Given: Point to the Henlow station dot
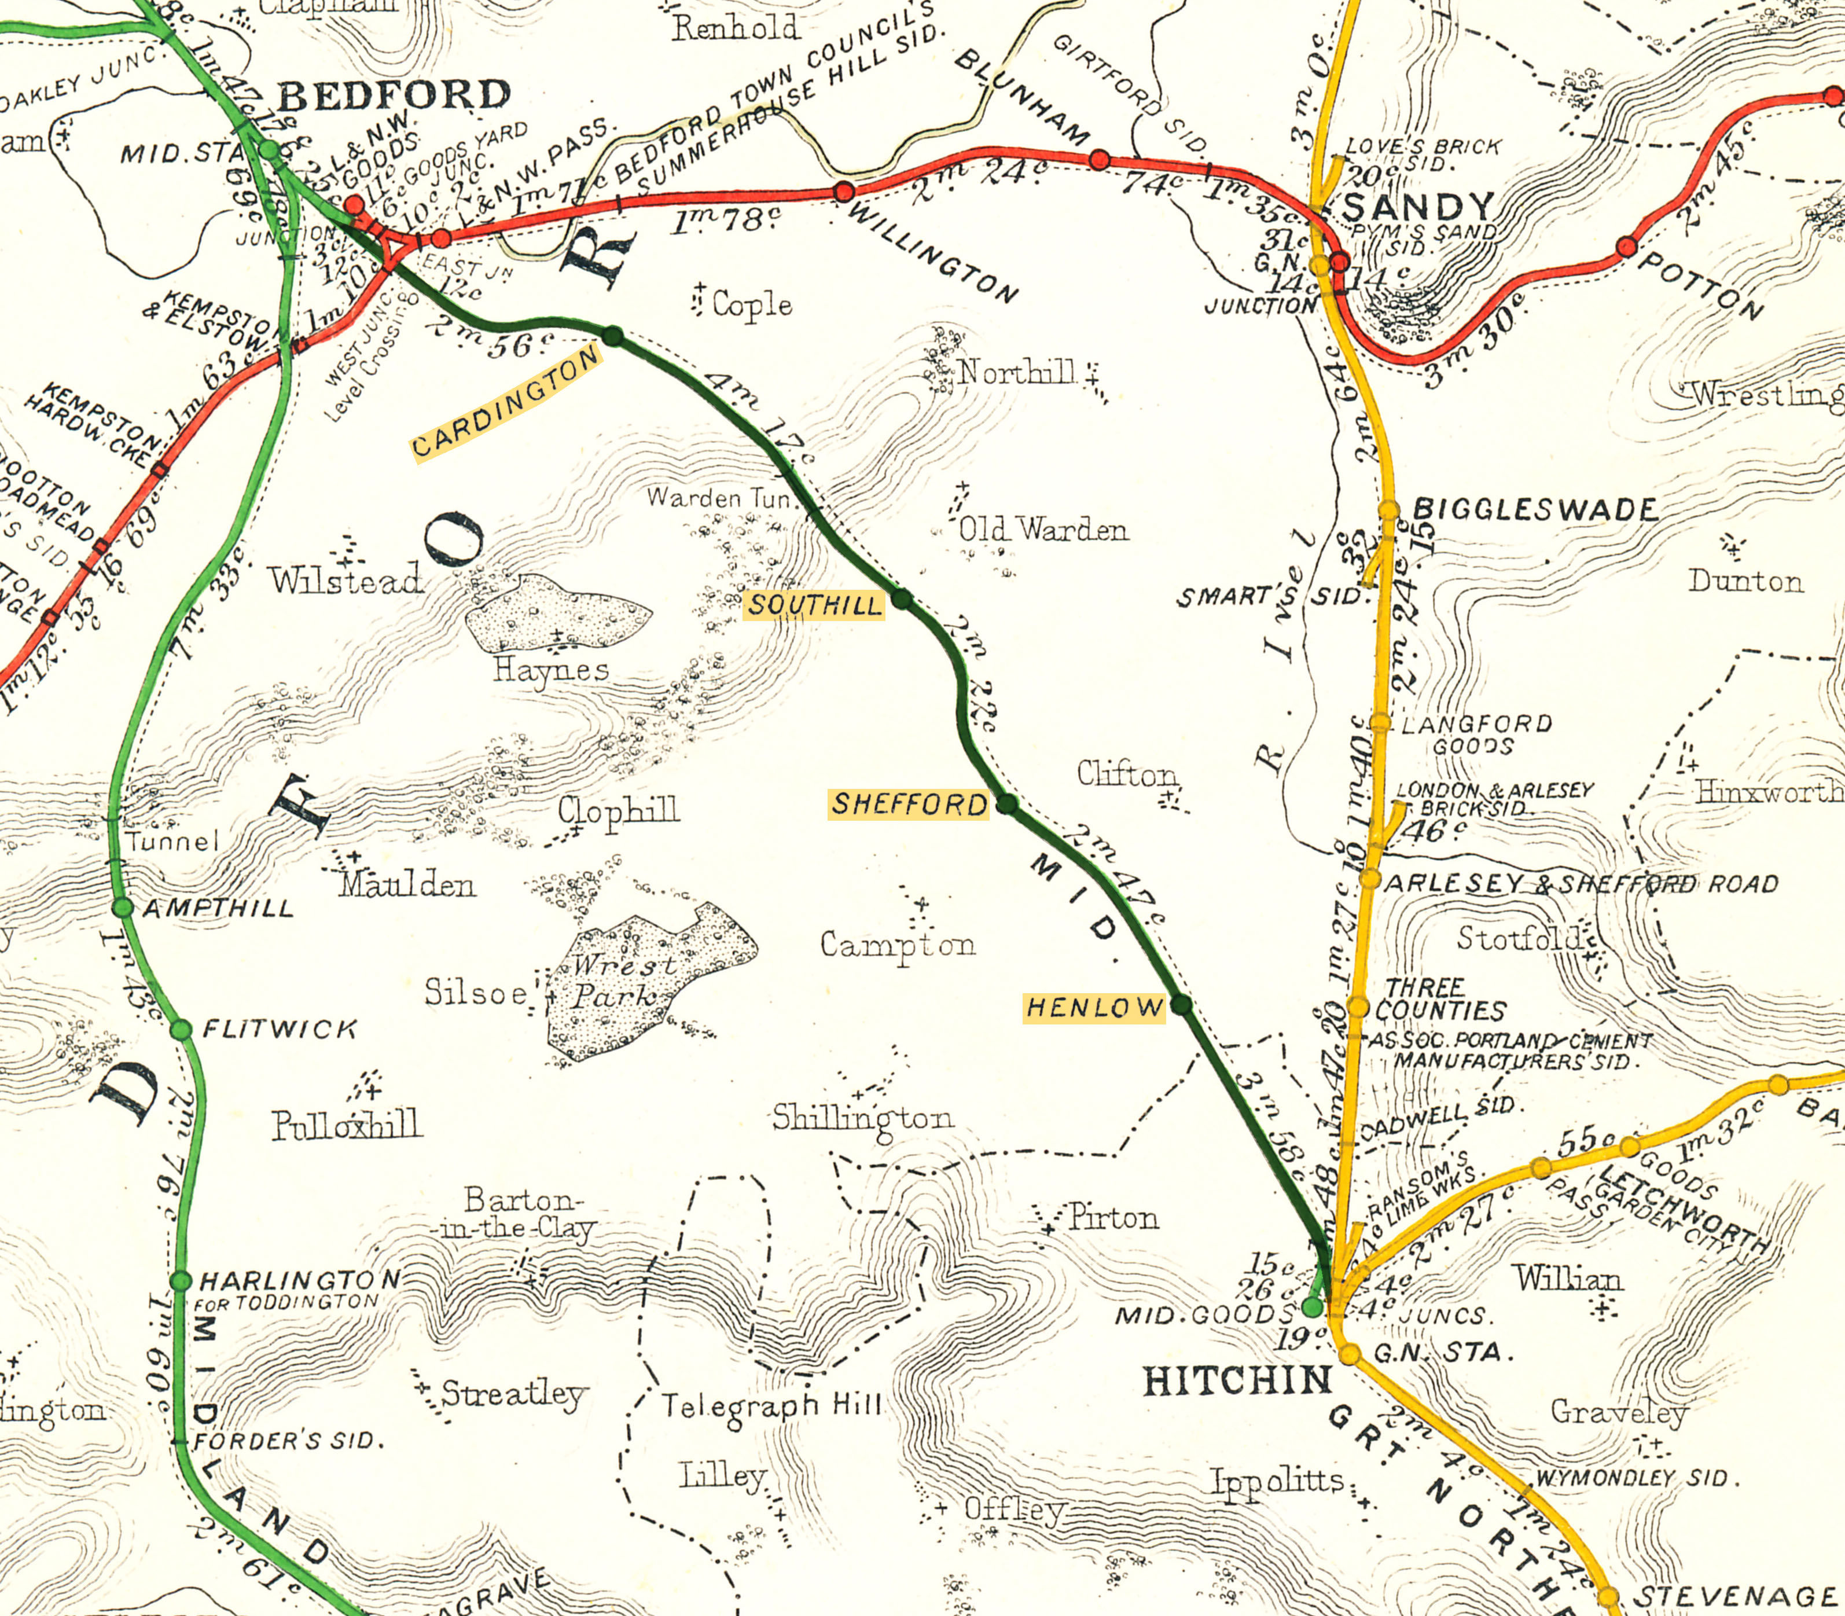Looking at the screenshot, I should (x=1181, y=1005).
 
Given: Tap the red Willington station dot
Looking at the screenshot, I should (x=844, y=191).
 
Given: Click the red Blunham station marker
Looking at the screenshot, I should (x=1099, y=160).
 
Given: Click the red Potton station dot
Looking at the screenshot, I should (x=1626, y=246).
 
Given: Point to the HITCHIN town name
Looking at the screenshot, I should (x=1237, y=1380).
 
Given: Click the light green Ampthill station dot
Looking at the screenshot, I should (x=123, y=907).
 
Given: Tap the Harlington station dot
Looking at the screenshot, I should (x=181, y=1280).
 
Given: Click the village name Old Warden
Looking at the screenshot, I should (x=1042, y=530).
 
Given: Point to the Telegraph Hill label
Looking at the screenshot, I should (x=772, y=1405).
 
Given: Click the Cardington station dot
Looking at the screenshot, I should (x=613, y=336).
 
